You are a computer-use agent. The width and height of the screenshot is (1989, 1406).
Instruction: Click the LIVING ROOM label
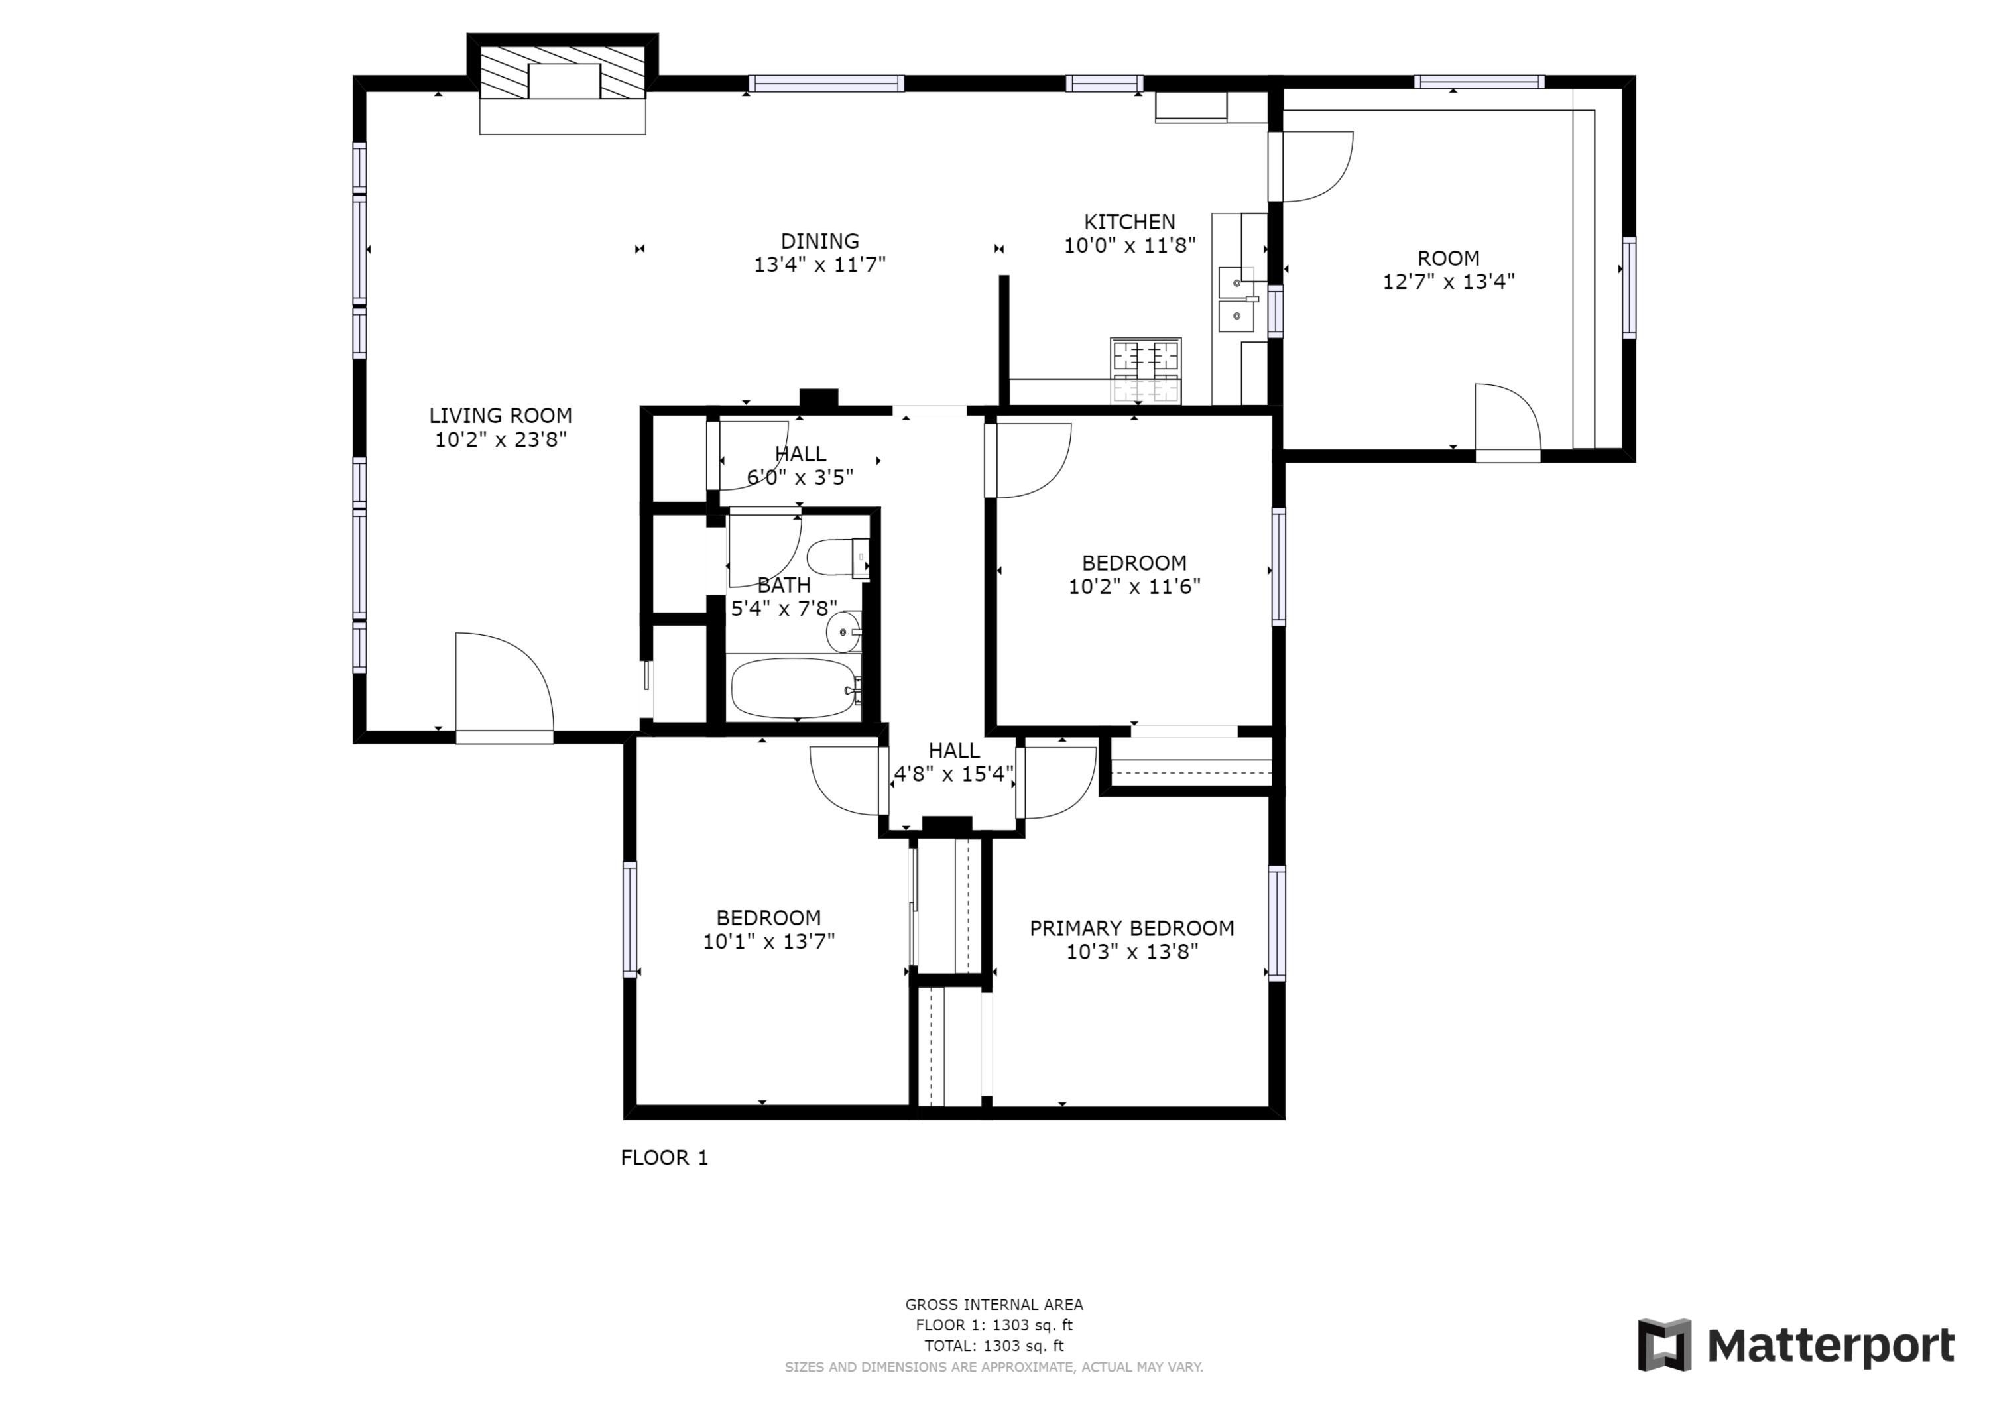(500, 416)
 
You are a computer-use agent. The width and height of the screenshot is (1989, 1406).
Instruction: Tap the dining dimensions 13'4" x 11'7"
(819, 265)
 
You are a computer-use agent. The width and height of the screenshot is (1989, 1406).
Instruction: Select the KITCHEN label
(1130, 222)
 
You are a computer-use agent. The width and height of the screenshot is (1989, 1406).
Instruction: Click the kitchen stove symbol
(1145, 371)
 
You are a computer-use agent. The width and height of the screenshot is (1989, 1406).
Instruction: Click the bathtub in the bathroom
(794, 688)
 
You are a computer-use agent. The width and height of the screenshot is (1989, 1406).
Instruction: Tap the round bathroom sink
(843, 632)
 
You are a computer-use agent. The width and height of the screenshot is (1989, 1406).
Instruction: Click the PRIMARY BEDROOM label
(1131, 929)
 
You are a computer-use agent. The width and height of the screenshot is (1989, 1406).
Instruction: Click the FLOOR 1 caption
(664, 1158)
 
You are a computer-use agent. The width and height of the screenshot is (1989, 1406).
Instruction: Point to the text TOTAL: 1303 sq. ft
(994, 1346)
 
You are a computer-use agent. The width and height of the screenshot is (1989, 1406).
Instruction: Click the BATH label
(784, 585)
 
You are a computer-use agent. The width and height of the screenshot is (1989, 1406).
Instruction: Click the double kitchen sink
(1238, 299)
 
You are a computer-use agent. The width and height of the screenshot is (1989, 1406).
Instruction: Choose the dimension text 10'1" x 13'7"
(768, 942)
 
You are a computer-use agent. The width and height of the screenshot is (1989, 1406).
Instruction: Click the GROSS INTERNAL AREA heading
(994, 1305)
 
